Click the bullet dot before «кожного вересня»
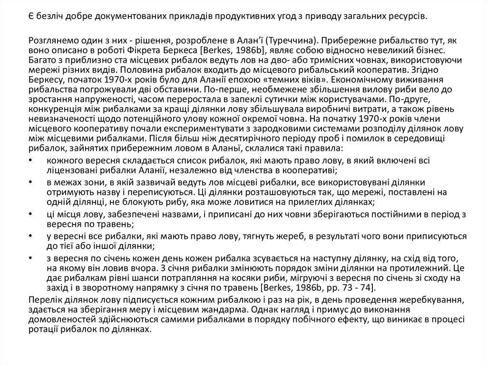tap(31, 160)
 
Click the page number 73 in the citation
tap(342, 287)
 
